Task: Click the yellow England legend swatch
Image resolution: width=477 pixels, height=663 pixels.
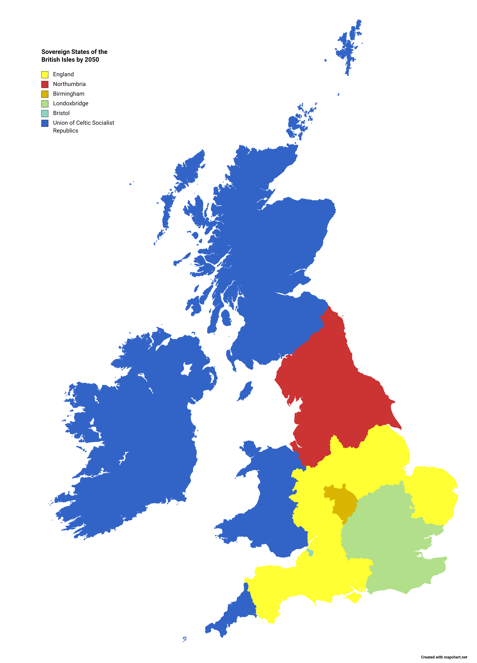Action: click(x=45, y=75)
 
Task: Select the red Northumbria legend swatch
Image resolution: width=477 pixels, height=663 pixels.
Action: click(x=45, y=84)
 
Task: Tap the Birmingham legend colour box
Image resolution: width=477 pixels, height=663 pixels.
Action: click(x=45, y=94)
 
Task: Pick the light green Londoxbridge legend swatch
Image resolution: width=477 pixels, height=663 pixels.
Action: click(x=45, y=103)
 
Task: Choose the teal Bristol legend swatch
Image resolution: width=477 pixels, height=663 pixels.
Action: click(x=45, y=113)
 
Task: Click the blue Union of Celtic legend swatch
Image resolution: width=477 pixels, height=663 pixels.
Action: click(x=45, y=123)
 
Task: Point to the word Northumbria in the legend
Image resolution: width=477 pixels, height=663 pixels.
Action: click(x=69, y=84)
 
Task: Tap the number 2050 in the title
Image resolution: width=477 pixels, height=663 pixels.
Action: click(x=92, y=60)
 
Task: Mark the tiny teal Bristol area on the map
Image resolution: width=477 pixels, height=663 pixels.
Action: click(x=310, y=552)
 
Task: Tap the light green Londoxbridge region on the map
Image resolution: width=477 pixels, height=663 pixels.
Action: click(x=389, y=541)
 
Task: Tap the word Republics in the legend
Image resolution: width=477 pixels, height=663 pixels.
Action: click(x=65, y=131)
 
